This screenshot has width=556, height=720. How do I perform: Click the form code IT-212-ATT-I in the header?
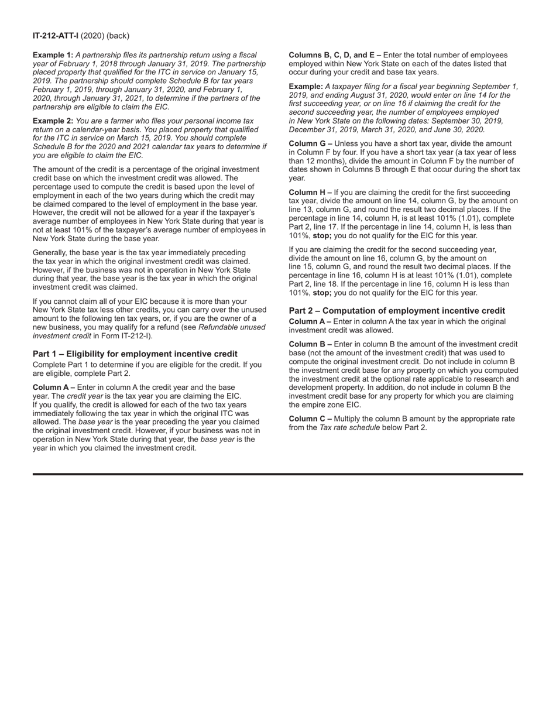(x=56, y=36)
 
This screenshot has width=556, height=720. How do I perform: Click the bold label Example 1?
(x=53, y=55)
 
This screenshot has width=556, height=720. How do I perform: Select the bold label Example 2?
(x=53, y=121)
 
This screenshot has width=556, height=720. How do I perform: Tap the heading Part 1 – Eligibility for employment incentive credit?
(x=135, y=354)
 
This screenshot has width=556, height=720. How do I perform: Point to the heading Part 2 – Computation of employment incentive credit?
(x=397, y=311)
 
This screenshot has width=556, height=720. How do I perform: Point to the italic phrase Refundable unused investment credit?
(x=232, y=327)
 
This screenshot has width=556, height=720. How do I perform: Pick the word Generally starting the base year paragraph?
(x=50, y=253)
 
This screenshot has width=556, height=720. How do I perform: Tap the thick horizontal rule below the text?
(x=278, y=474)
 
